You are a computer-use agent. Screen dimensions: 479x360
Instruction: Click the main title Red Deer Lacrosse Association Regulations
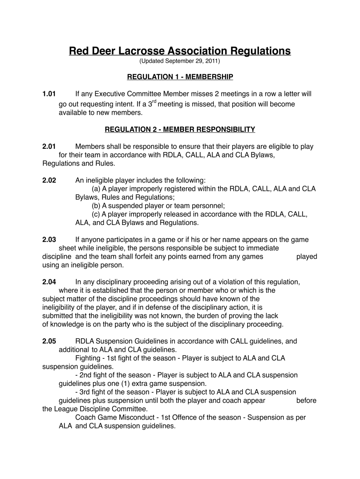pos(180,51)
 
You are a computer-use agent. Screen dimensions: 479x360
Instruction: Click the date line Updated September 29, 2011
pos(180,61)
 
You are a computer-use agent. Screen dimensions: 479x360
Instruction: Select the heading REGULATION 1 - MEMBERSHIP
pos(180,76)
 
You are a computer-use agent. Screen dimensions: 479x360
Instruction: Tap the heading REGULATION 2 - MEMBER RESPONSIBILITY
pos(180,129)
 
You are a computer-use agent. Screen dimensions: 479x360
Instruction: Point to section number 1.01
pos(49,94)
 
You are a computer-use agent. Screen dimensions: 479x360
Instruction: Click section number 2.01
pos(49,147)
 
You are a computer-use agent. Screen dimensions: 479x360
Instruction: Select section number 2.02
pos(49,180)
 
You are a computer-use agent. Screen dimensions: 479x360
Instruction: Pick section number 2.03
pos(49,240)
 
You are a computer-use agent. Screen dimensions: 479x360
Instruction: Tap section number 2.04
pos(49,282)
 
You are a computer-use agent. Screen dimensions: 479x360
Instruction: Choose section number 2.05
pos(49,341)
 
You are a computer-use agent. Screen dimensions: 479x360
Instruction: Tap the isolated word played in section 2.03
pos(307,257)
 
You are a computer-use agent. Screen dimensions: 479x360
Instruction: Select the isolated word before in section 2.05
pos(306,401)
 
